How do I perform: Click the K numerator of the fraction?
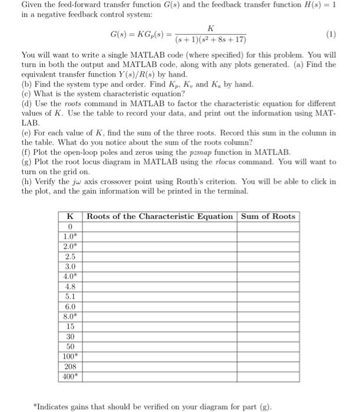(210, 28)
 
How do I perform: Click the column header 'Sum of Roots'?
(268, 216)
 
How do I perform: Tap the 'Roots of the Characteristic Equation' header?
(160, 216)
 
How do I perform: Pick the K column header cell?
(71, 216)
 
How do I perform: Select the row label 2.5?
(71, 257)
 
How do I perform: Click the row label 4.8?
(71, 287)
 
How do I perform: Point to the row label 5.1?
(71, 297)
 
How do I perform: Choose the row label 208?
(71, 367)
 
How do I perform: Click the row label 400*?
(71, 377)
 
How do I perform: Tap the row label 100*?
(71, 357)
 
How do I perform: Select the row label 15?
(71, 327)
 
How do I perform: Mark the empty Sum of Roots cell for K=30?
(268, 337)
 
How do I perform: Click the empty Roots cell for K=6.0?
(160, 307)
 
